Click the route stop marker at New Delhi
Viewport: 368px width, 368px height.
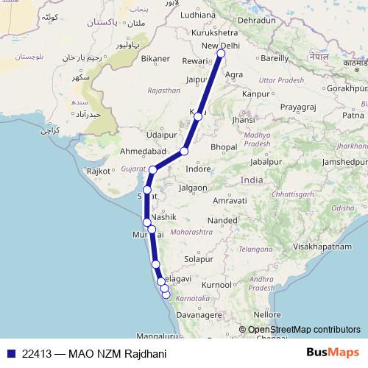(x=221, y=53)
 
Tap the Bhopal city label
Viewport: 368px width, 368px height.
(x=224, y=147)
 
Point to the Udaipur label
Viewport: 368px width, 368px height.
(x=161, y=135)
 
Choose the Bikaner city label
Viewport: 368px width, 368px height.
(x=156, y=57)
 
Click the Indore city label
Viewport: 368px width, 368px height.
(x=198, y=169)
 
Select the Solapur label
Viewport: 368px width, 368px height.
(x=198, y=259)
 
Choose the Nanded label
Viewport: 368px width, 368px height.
(x=222, y=219)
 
